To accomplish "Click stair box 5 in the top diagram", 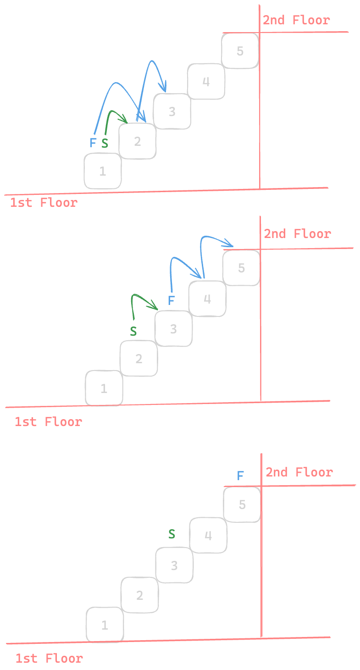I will pyautogui.click(x=240, y=51).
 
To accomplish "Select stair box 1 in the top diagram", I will pyautogui.click(x=103, y=171).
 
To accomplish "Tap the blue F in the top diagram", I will pyautogui.click(x=93, y=143).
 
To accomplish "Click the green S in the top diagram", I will pyautogui.click(x=105, y=144).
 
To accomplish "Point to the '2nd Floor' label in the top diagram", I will pyautogui.click(x=296, y=20).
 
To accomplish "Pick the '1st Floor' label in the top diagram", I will pyautogui.click(x=44, y=203).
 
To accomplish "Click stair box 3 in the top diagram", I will pyautogui.click(x=172, y=111).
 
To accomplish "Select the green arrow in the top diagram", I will pyautogui.click(x=112, y=115).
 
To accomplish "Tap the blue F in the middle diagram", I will pyautogui.click(x=171, y=300).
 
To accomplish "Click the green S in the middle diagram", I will pyautogui.click(x=133, y=331).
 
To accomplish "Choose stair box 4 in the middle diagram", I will pyautogui.click(x=207, y=299).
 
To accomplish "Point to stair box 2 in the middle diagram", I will pyautogui.click(x=138, y=359).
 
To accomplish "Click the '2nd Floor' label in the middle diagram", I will pyautogui.click(x=297, y=234).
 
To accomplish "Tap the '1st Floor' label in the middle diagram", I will pyautogui.click(x=48, y=422).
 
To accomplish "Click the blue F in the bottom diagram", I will pyautogui.click(x=240, y=476).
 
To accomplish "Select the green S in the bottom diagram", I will pyautogui.click(x=172, y=534).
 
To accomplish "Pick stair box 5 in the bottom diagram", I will pyautogui.click(x=242, y=505).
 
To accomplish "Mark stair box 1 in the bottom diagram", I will pyautogui.click(x=105, y=625).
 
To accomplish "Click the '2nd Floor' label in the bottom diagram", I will pyautogui.click(x=299, y=472).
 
